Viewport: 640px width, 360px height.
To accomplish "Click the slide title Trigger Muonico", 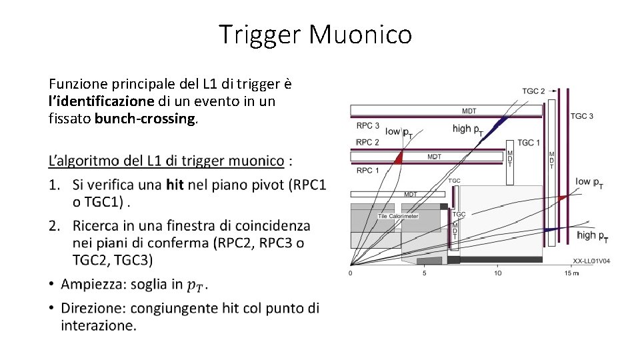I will tap(315, 34).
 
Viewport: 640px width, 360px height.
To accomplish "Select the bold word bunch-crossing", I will tap(145, 120).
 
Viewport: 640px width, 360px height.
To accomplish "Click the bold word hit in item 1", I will tap(175, 185).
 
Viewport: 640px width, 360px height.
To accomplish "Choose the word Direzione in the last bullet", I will tap(93, 308).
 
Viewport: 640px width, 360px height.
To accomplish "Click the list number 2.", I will tap(54, 226).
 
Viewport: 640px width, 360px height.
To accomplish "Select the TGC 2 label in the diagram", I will tap(533, 91).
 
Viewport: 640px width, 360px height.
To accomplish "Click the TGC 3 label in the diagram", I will tap(581, 116).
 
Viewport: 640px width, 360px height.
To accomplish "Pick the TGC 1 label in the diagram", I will tap(529, 143).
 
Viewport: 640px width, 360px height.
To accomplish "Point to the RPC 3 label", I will tap(367, 126).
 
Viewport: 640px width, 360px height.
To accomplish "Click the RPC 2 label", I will tap(367, 142).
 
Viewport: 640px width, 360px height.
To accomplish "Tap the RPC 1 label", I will tap(367, 171).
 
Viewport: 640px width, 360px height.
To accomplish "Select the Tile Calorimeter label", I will tap(398, 216).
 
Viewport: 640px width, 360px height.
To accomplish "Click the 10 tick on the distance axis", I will tap(497, 272).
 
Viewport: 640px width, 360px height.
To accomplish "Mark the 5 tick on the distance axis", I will tap(424, 272).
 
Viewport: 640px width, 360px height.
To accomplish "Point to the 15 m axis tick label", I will tap(571, 272).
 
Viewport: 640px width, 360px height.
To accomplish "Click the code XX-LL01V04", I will tap(591, 261).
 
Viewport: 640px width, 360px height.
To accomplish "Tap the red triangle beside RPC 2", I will tap(398, 157).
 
